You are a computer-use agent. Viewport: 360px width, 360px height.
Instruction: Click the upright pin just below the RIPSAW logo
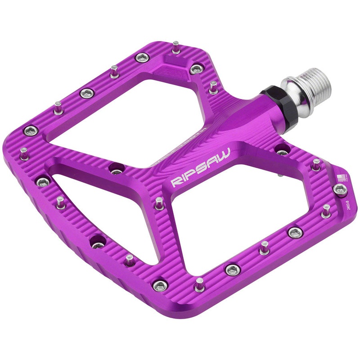(x=159, y=203)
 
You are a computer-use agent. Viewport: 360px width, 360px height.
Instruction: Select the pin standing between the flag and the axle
(x=316, y=164)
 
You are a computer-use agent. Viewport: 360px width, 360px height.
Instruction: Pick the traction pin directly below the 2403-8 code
(x=326, y=211)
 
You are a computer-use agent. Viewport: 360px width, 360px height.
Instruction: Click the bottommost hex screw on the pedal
(x=160, y=285)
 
